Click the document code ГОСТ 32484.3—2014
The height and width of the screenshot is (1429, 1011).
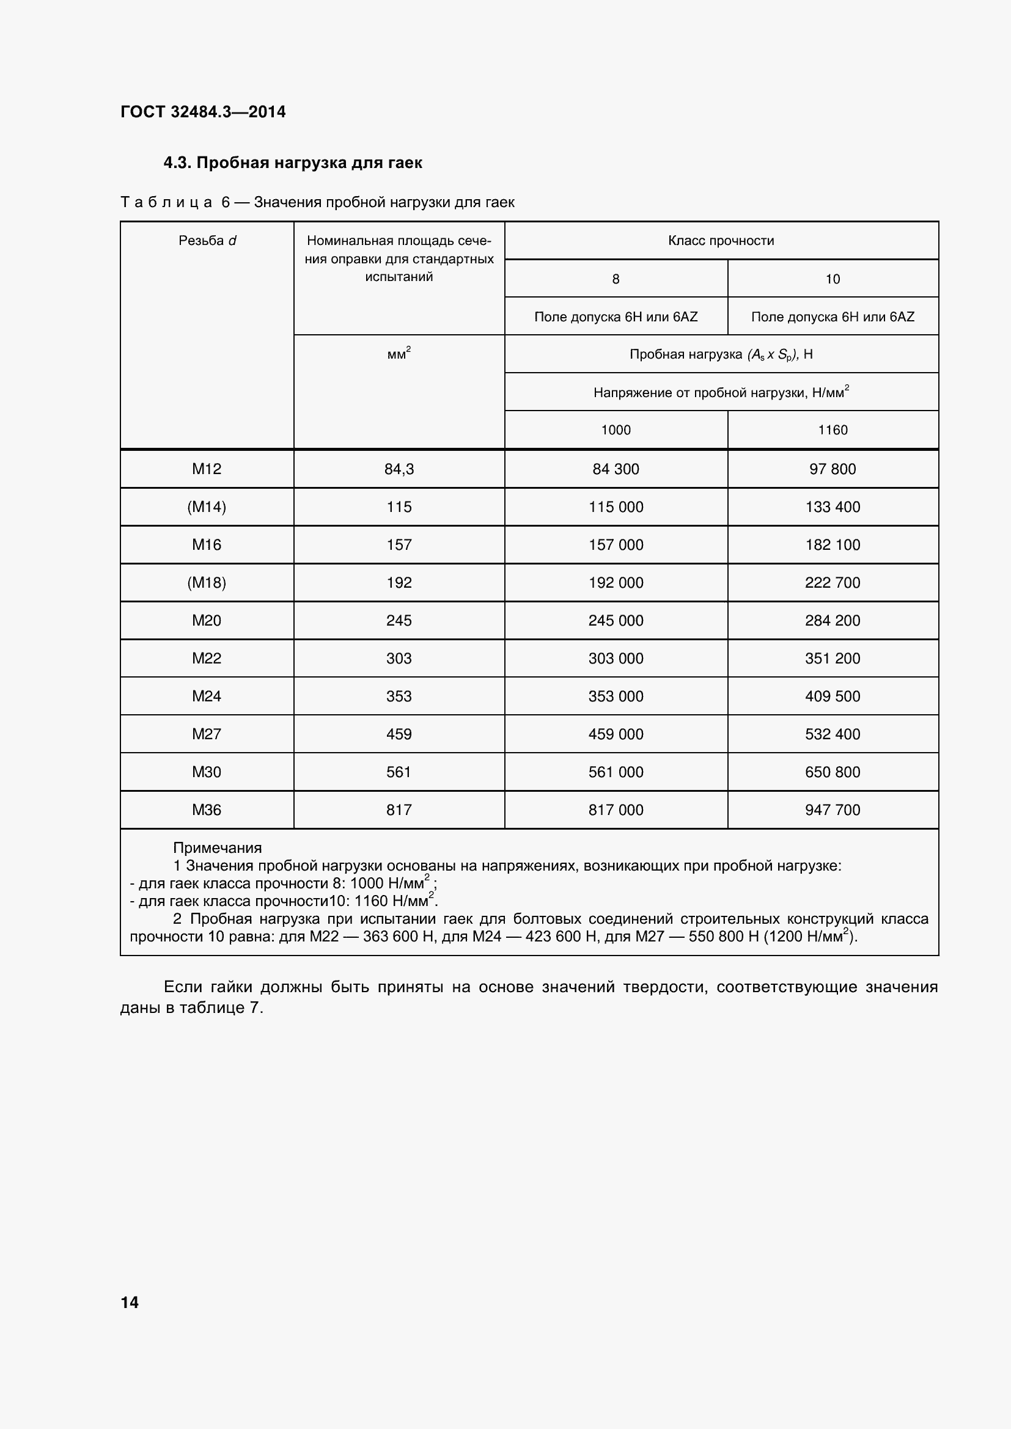203,112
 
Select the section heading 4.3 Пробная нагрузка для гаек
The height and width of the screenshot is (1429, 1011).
293,163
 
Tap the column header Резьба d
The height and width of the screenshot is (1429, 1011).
207,241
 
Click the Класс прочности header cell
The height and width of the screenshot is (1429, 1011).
721,241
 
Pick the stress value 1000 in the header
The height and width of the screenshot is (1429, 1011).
616,430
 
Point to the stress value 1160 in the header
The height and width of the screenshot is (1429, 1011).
833,430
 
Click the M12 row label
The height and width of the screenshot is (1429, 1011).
207,469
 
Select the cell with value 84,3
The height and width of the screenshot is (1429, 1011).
399,469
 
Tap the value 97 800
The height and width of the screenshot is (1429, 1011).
833,469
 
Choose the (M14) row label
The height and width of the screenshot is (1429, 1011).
207,507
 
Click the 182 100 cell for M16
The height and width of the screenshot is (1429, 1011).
833,545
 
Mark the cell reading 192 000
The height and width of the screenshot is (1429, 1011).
616,583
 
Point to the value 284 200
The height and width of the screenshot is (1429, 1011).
833,621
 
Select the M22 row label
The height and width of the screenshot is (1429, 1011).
207,659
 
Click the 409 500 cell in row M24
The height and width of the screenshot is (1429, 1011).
833,696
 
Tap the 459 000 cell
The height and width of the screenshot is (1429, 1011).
616,734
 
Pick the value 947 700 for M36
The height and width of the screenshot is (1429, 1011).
833,810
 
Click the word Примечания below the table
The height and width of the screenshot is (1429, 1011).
217,849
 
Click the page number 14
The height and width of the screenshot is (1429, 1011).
130,1303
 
